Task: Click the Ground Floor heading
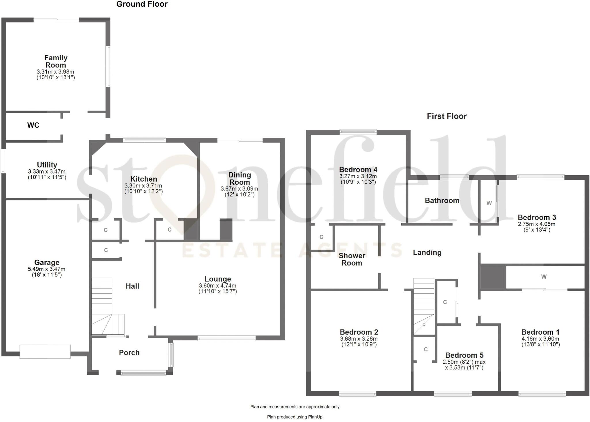tap(142, 4)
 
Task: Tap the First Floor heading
tap(447, 116)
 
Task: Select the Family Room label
tap(56, 61)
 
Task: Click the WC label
tap(33, 125)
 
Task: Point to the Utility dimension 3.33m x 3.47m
tap(47, 172)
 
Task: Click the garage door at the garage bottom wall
tap(45, 352)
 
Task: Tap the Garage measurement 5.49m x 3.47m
tap(47, 269)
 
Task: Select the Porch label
tap(129, 353)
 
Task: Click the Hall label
tap(132, 286)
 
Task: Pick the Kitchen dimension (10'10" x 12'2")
tap(143, 191)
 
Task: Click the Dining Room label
tap(239, 178)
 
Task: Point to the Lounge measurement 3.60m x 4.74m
tap(218, 286)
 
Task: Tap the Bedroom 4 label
tap(358, 169)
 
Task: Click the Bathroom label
tap(442, 201)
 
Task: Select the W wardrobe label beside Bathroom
tap(489, 203)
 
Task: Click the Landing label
tap(427, 253)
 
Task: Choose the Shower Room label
tap(352, 259)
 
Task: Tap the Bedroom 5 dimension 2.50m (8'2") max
tap(464, 362)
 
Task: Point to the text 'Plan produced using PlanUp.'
tap(295, 417)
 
